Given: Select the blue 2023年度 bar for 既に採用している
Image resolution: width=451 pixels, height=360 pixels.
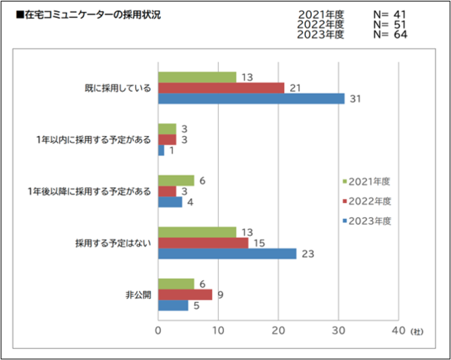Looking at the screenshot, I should click(251, 98).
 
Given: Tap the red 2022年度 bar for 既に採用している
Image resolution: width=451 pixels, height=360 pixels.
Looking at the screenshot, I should click(221, 88).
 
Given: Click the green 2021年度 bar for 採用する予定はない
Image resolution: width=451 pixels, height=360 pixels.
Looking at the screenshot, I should click(197, 231).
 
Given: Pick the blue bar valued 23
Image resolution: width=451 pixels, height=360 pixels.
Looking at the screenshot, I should click(227, 253).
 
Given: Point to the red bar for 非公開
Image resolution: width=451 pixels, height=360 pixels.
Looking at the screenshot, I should click(185, 295).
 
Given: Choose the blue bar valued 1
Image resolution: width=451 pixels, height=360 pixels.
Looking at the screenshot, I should click(161, 150).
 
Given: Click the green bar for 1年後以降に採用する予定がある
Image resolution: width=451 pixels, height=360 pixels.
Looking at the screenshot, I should click(176, 180).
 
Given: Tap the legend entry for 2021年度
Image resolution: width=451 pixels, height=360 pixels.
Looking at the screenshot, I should click(368, 181).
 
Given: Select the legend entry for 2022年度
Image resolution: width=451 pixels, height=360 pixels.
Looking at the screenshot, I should click(368, 201).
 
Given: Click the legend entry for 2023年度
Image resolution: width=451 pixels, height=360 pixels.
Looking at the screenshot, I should click(368, 220).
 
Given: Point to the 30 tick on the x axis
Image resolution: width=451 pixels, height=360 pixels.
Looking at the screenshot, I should click(338, 331).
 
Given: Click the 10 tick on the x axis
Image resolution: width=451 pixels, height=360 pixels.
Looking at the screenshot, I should click(218, 331).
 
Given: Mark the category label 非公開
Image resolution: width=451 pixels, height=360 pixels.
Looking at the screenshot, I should click(138, 295).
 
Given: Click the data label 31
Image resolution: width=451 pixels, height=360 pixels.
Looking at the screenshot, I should click(356, 98).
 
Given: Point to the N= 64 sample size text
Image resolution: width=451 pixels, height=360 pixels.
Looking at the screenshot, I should click(390, 35).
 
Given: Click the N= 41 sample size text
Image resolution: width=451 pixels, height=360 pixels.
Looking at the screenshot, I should click(390, 14).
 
